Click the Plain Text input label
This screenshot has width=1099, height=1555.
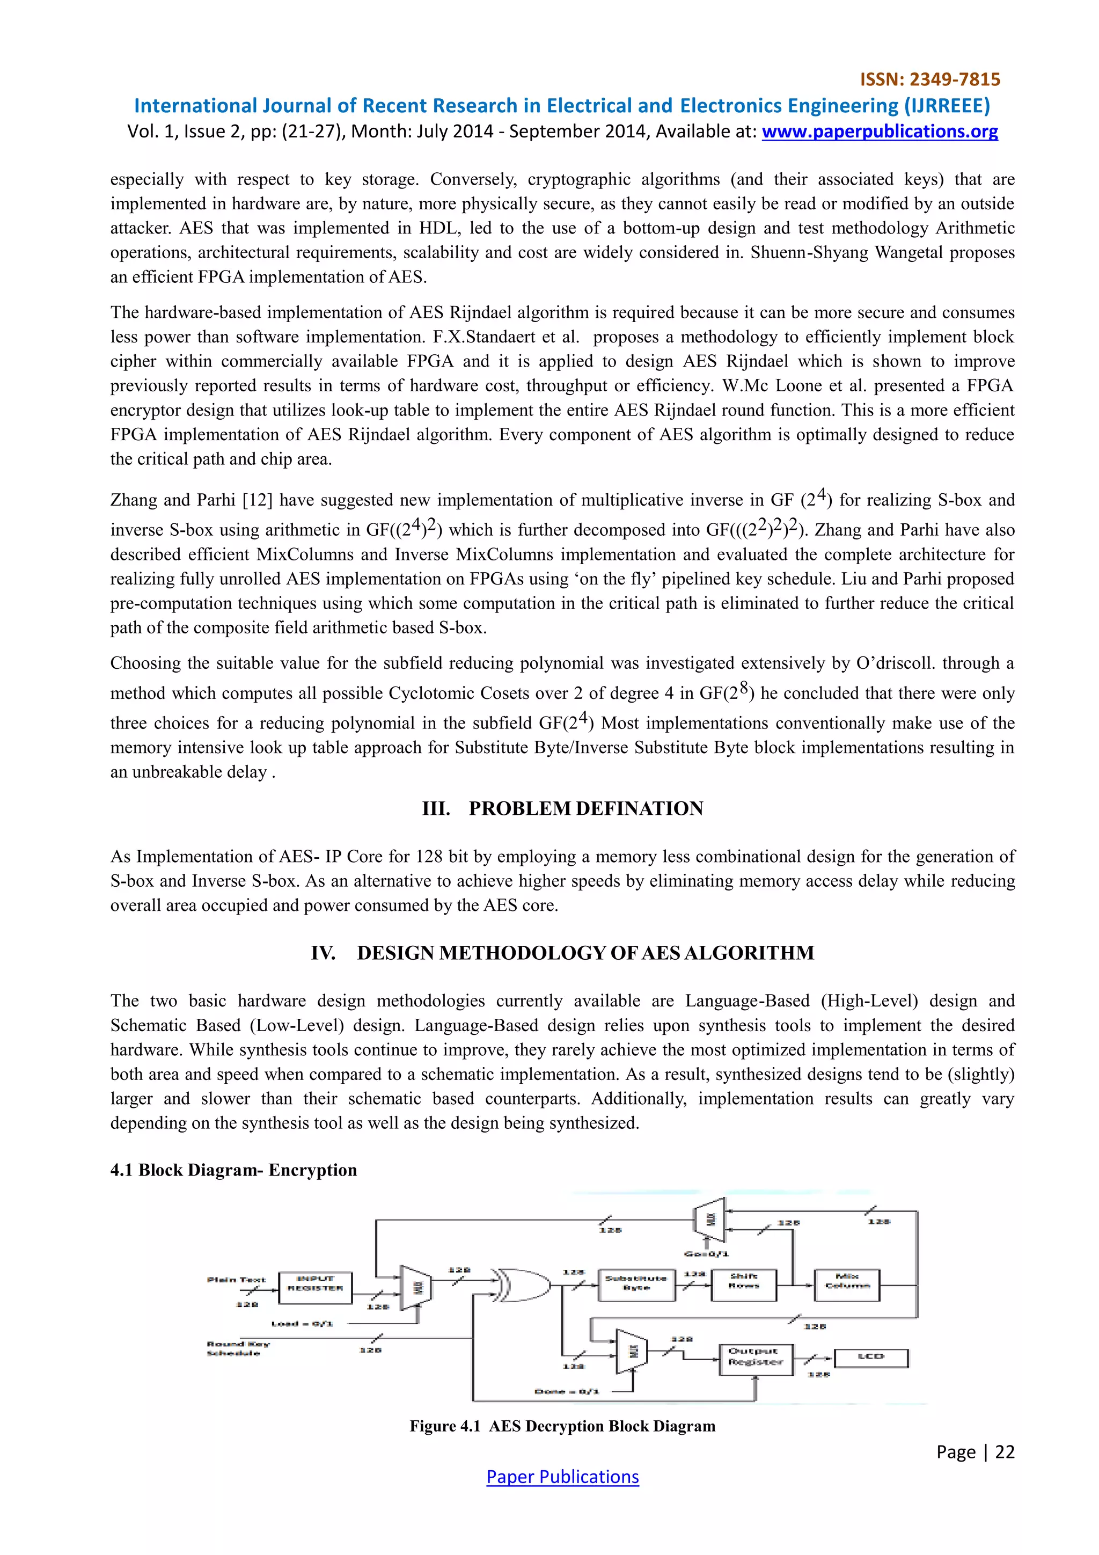pos(236,1279)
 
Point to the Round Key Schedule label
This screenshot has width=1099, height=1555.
pos(238,1348)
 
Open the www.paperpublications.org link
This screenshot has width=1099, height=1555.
pos(880,132)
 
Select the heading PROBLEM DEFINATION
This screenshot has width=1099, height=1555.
pos(586,809)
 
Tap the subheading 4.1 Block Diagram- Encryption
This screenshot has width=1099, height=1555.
pos(233,1170)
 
